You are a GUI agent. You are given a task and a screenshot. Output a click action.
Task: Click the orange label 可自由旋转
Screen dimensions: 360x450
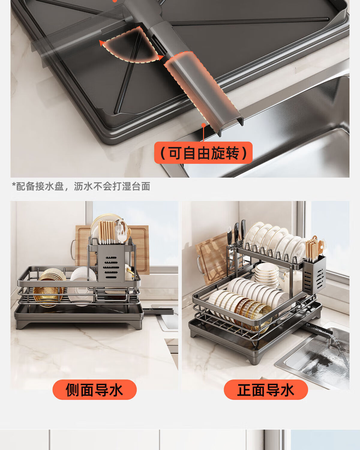(x=203, y=153)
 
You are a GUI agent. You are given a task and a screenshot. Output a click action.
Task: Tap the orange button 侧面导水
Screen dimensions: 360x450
(x=94, y=390)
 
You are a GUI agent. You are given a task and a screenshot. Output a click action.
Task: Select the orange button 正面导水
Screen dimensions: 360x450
(x=266, y=390)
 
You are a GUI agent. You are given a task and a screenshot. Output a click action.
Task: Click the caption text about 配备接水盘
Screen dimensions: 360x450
(x=81, y=186)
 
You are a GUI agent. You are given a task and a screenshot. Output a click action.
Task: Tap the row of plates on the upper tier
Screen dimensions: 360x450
(x=274, y=241)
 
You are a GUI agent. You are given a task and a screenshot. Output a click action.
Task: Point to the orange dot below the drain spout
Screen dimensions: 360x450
(x=203, y=125)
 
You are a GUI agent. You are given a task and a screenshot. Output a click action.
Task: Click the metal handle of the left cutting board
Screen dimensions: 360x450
(x=73, y=250)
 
